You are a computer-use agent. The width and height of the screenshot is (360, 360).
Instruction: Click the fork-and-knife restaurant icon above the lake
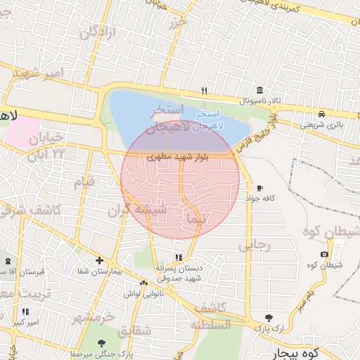pyautogui.click(x=204, y=91)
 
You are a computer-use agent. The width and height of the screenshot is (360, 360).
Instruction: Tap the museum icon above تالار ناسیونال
pyautogui.click(x=260, y=91)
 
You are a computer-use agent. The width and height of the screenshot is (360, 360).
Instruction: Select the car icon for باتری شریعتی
pyautogui.click(x=321, y=114)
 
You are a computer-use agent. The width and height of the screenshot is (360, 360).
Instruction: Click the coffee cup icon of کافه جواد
pyautogui.click(x=259, y=188)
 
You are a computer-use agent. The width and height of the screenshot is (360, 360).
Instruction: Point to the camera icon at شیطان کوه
pyautogui.click(x=324, y=255)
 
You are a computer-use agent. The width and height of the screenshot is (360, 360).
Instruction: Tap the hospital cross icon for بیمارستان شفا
pyautogui.click(x=99, y=260)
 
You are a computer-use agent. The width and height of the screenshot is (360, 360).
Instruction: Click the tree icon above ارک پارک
pyautogui.click(x=268, y=318)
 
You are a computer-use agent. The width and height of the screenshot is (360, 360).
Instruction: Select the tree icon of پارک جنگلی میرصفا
pyautogui.click(x=101, y=343)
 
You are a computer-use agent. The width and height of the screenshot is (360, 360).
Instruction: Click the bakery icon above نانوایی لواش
pyautogui.click(x=143, y=283)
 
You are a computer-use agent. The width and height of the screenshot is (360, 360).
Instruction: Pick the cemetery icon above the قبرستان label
pyautogui.click(x=8, y=261)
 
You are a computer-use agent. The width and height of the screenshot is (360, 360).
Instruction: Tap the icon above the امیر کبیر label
pyautogui.click(x=25, y=311)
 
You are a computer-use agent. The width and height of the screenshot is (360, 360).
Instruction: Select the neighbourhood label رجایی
pyautogui.click(x=255, y=245)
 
